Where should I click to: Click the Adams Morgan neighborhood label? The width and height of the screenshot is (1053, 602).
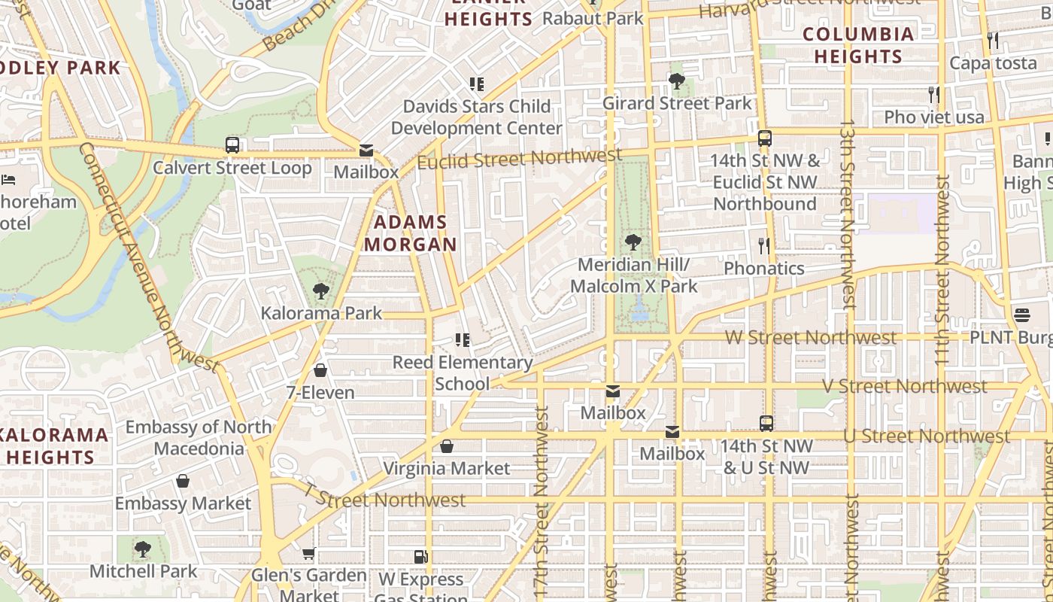point(410,233)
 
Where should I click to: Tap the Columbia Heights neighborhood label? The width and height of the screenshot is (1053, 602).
point(857,45)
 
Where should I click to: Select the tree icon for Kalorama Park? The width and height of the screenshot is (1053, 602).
point(321,291)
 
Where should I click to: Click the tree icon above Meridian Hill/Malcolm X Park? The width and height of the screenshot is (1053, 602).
point(633,242)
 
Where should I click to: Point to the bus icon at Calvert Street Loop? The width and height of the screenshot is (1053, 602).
point(232,145)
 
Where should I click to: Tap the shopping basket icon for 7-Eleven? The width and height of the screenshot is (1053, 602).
point(320,370)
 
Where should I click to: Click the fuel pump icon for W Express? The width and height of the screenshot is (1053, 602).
point(420,557)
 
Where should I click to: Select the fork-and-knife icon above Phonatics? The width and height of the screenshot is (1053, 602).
point(764,245)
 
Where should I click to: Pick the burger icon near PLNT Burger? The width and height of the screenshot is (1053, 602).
point(1021,315)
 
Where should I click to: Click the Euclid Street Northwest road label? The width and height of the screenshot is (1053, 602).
point(519,159)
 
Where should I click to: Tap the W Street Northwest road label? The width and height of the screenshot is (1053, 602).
point(811,337)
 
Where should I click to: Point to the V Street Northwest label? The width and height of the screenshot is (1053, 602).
point(904,387)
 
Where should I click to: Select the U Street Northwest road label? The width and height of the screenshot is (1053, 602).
point(927,436)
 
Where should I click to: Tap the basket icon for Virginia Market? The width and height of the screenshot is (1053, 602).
point(447,446)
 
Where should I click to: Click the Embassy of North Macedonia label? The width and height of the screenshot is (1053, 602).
point(198,437)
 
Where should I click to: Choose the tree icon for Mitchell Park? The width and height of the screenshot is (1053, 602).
point(142,549)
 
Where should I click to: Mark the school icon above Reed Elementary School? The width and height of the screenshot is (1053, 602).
point(462,340)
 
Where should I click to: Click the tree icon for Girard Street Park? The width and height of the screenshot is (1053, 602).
point(676,81)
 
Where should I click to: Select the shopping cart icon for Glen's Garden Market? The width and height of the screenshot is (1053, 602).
point(308,554)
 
